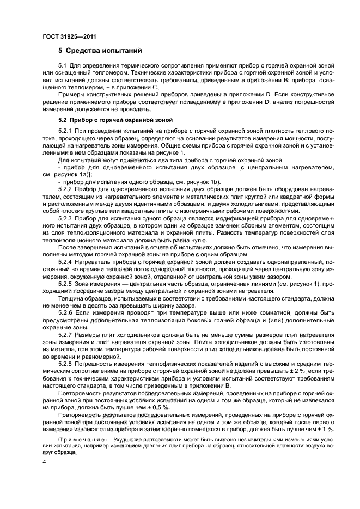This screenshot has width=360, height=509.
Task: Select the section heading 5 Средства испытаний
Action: (100, 51)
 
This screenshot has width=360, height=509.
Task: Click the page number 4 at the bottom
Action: (44, 462)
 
